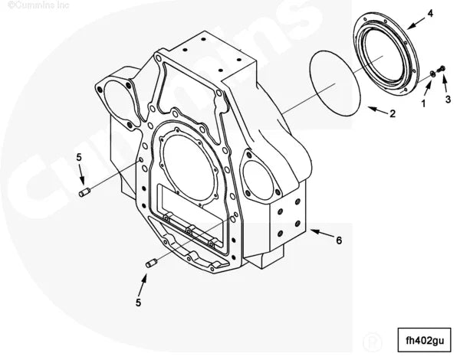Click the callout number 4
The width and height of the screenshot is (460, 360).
point(430,13)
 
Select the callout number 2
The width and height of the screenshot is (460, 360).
point(392,114)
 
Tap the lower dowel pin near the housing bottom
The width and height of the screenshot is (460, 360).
point(150,264)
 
